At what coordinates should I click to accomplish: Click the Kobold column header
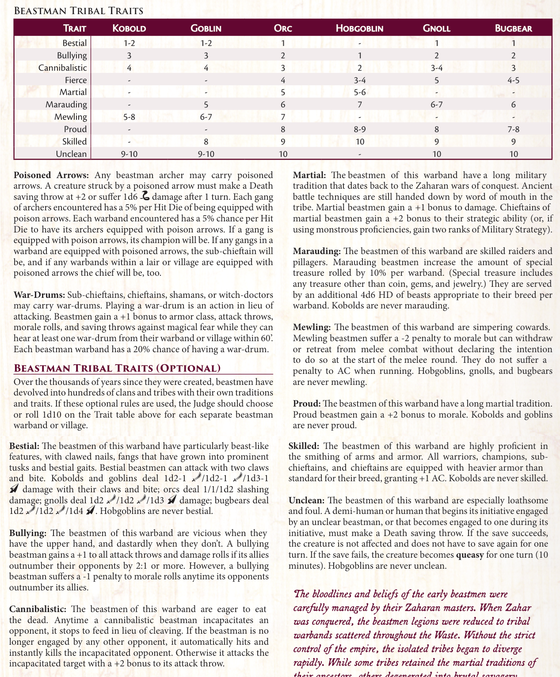pyautogui.click(x=129, y=29)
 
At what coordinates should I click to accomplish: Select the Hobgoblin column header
pyautogui.click(x=359, y=29)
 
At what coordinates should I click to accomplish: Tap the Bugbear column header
pyautogui.click(x=513, y=29)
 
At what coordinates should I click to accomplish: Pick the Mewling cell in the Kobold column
pyautogui.click(x=129, y=117)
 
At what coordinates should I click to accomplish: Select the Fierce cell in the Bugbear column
pyautogui.click(x=513, y=80)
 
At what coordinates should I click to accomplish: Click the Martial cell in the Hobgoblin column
pyautogui.click(x=359, y=92)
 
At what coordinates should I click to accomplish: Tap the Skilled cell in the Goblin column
pyautogui.click(x=206, y=141)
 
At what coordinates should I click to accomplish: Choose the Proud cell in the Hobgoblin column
pyautogui.click(x=359, y=129)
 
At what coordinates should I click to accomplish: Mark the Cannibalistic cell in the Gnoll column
pyautogui.click(x=436, y=68)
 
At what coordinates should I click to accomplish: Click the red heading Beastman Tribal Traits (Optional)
pyautogui.click(x=117, y=368)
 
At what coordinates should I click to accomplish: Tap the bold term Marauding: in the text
pyautogui.click(x=317, y=251)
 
